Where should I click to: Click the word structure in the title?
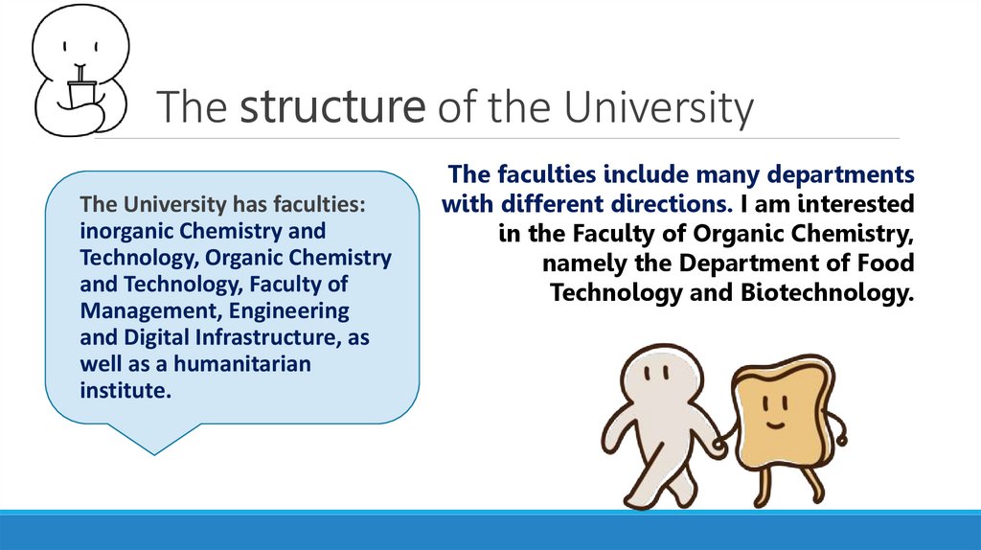(x=332, y=108)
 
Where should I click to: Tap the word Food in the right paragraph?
(x=888, y=264)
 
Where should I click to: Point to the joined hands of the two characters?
(x=719, y=443)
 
